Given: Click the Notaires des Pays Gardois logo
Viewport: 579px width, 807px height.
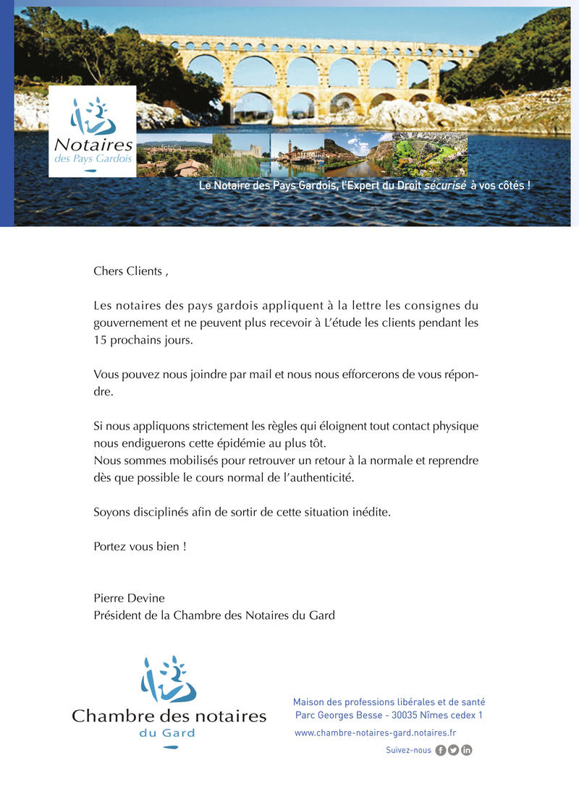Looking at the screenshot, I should click(93, 131).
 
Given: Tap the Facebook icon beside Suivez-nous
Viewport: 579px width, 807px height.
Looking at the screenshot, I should click(441, 750).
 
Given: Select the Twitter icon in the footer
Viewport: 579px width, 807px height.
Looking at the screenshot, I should click(454, 750).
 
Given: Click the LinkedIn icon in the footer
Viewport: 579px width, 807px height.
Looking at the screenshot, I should click(467, 750).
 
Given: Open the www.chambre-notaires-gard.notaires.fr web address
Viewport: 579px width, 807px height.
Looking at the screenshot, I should click(375, 733).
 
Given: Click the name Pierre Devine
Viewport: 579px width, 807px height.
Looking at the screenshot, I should click(129, 598).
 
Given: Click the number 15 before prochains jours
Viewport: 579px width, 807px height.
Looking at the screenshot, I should click(100, 340).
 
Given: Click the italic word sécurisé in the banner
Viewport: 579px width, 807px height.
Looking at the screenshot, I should click(444, 186).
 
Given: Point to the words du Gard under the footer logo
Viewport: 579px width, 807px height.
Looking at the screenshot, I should click(167, 733).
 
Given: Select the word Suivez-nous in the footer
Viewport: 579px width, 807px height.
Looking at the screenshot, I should click(408, 750).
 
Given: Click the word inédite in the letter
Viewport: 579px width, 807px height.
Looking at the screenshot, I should click(370, 512).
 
